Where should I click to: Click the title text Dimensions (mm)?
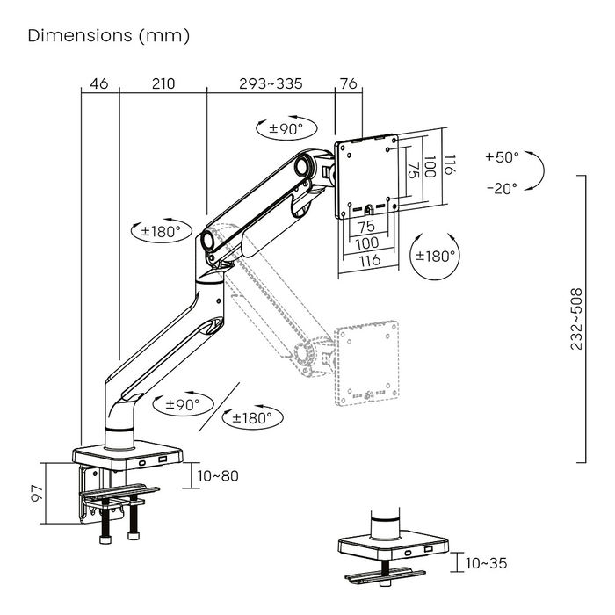[109, 36]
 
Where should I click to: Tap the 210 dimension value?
[163, 84]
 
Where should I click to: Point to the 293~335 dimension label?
[271, 84]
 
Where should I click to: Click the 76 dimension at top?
[348, 84]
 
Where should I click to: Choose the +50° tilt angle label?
[502, 157]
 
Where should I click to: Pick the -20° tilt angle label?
[502, 187]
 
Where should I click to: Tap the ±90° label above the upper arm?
[285, 129]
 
